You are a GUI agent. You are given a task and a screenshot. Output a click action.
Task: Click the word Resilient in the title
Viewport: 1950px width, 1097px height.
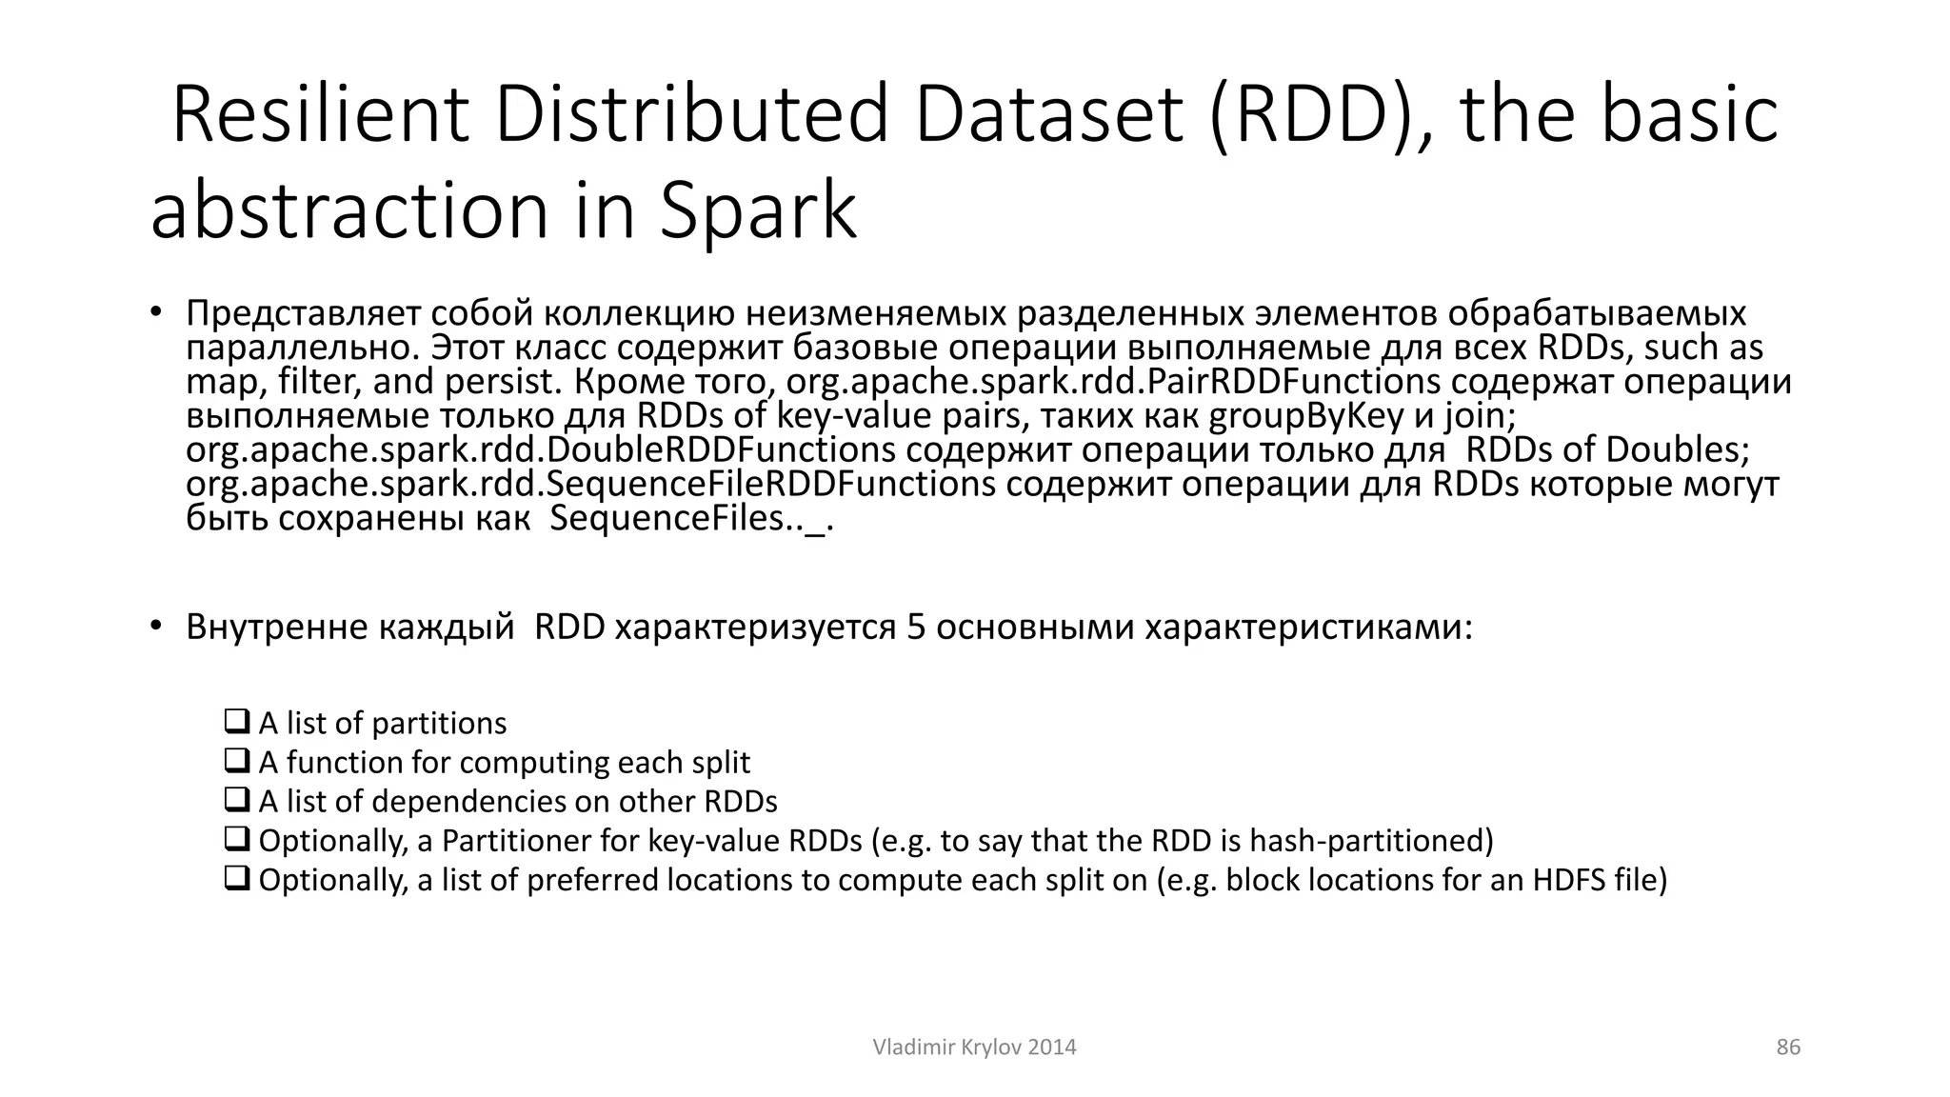(x=320, y=115)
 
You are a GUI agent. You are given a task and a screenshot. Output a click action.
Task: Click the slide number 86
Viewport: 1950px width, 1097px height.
(x=1788, y=1047)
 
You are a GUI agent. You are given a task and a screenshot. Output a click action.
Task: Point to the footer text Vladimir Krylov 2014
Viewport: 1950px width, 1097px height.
(x=974, y=1047)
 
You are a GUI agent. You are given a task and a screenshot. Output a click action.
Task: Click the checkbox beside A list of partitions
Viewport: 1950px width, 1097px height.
(x=236, y=722)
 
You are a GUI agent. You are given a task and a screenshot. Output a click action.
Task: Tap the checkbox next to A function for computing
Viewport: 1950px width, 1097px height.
(x=236, y=761)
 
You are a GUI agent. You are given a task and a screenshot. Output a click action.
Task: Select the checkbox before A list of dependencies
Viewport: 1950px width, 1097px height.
(x=236, y=800)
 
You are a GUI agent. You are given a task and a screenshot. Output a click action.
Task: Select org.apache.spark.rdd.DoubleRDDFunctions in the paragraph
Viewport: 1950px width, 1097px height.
(x=541, y=450)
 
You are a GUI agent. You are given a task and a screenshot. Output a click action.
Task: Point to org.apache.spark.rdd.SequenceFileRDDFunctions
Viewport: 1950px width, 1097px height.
(x=590, y=485)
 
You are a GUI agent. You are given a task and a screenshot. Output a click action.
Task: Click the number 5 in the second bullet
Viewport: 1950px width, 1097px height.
(x=916, y=628)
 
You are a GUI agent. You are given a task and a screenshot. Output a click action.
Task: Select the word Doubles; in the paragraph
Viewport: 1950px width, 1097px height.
(x=1678, y=450)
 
